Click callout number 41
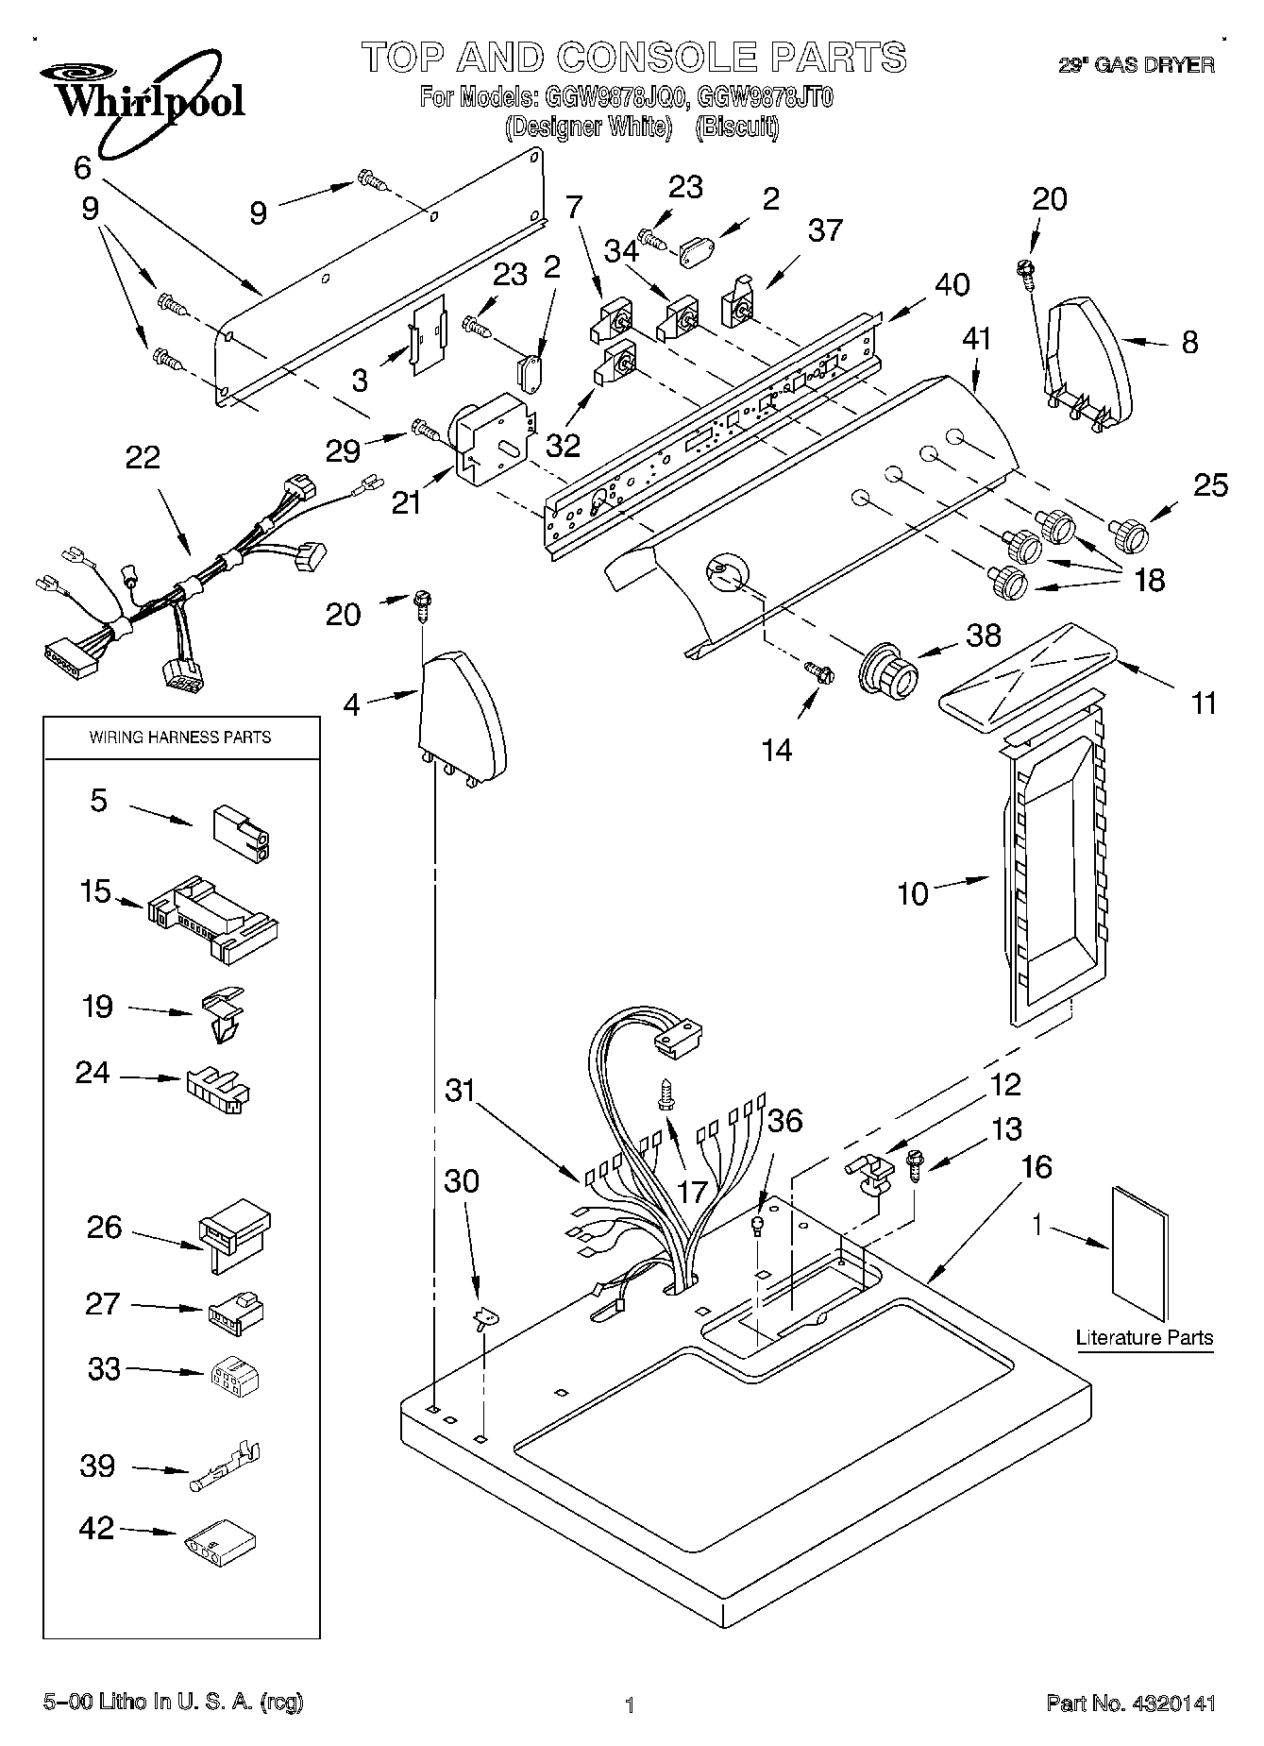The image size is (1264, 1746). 977,339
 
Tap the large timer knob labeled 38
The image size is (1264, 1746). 888,671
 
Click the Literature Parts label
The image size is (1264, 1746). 1144,1337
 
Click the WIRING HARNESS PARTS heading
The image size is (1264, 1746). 180,737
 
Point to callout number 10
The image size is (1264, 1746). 913,893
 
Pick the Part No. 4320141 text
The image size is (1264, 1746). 1130,1704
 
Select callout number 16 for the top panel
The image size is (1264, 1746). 1036,1167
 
